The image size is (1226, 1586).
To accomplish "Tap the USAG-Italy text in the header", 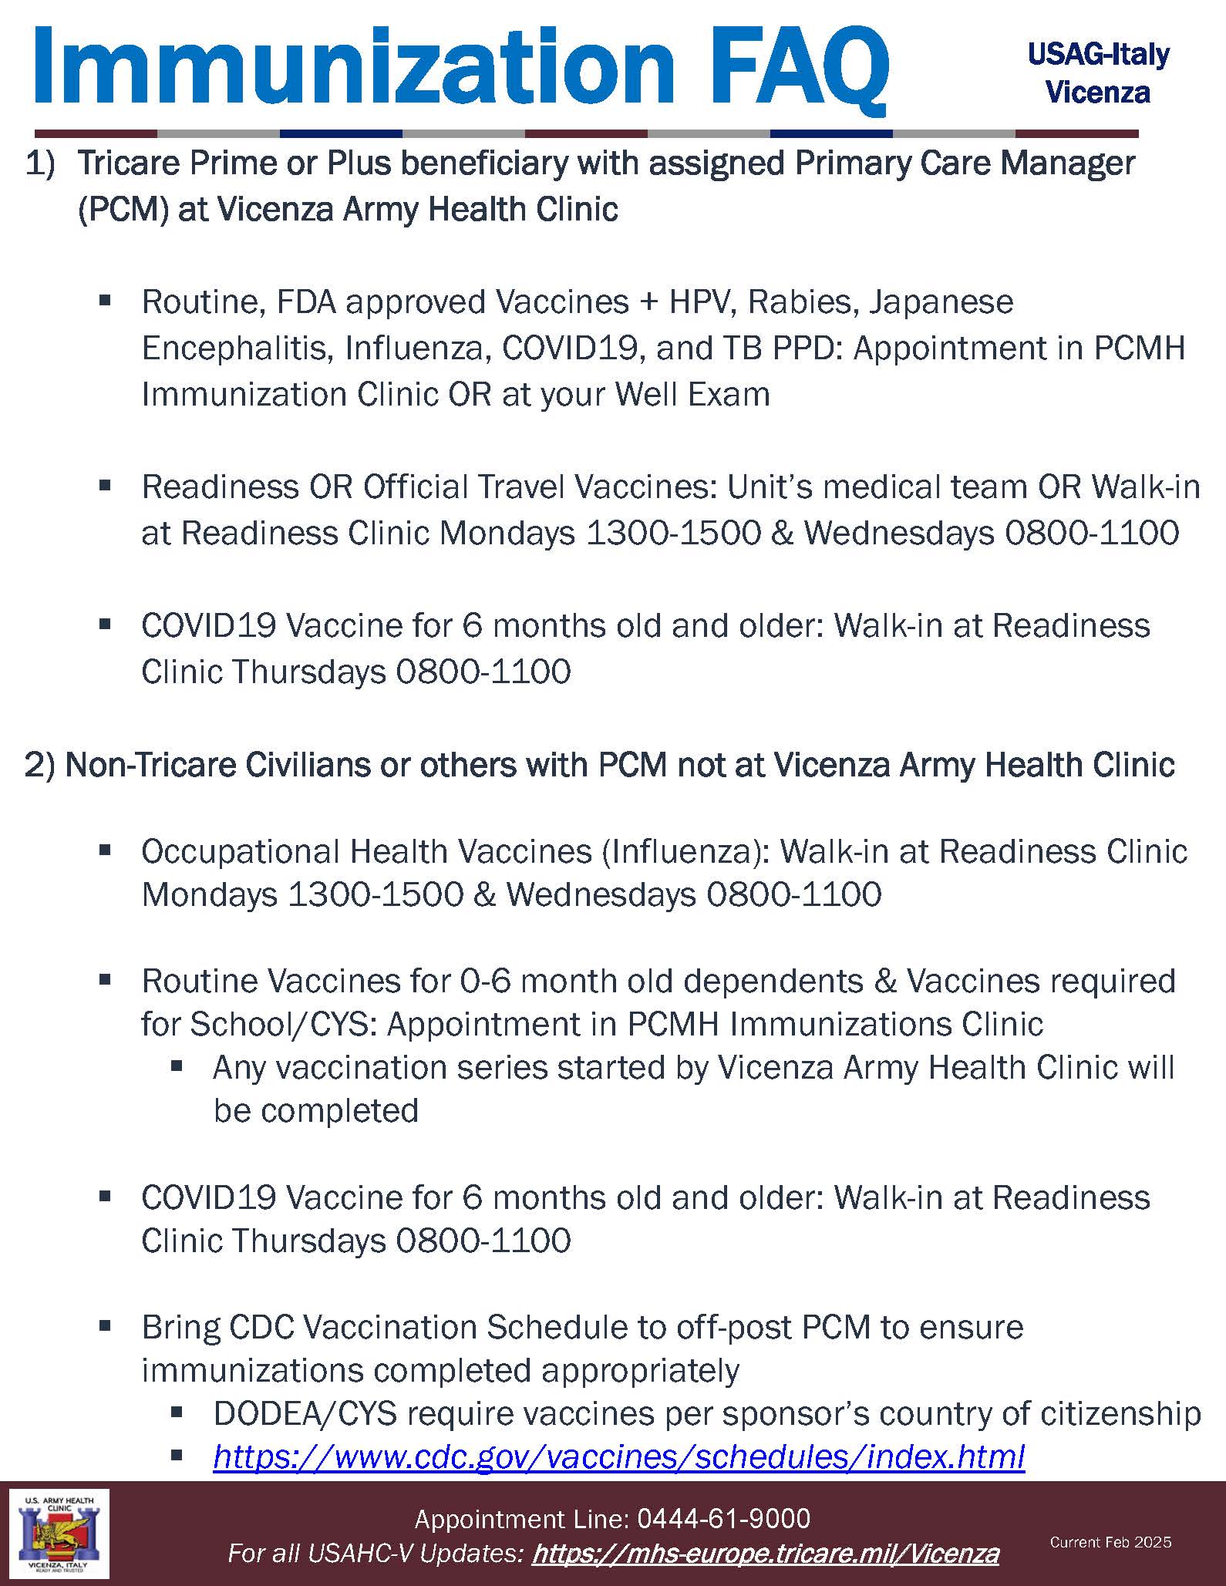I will pyautogui.click(x=1098, y=55).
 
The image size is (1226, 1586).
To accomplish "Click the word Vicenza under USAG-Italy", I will pyautogui.click(x=1098, y=93).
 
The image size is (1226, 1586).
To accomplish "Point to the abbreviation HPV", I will pyautogui.click(x=697, y=302).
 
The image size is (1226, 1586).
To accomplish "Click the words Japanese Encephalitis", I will pyautogui.click(x=941, y=302).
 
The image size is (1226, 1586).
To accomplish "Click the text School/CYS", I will pyautogui.click(x=283, y=1025).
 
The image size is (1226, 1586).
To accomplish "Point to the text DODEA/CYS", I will pyautogui.click(x=305, y=1413).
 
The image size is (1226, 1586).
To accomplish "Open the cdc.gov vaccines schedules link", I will pyautogui.click(x=618, y=1456).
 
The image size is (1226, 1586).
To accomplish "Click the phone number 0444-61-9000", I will pyautogui.click(x=723, y=1519).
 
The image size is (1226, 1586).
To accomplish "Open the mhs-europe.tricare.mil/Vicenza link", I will pyautogui.click(x=765, y=1553).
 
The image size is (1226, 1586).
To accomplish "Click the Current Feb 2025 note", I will pyautogui.click(x=1110, y=1542).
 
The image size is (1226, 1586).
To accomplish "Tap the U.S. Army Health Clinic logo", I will pyautogui.click(x=59, y=1534).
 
